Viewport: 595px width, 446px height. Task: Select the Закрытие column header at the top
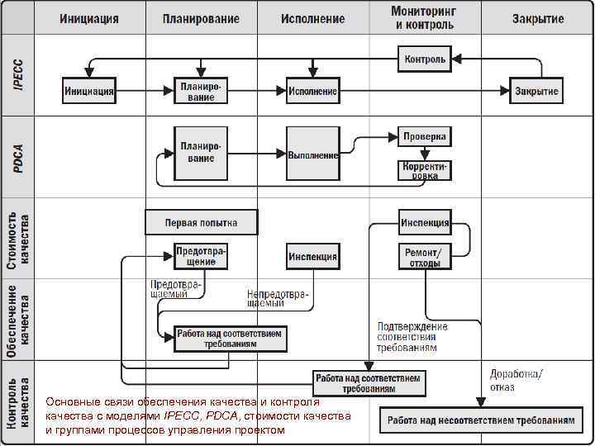tap(538, 18)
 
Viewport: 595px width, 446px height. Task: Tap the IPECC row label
tap(18, 74)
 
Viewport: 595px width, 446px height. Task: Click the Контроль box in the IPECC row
tap(425, 59)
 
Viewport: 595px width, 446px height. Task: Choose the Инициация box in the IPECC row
tap(89, 91)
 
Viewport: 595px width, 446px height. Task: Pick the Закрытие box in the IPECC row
tap(536, 91)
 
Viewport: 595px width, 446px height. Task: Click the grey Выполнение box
tap(313, 154)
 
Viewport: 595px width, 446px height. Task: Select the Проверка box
tap(425, 136)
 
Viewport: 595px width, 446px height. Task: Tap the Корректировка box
tap(425, 170)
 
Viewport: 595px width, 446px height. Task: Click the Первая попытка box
tap(201, 222)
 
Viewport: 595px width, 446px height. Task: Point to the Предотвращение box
tap(201, 256)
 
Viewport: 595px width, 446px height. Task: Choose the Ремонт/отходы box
tap(425, 257)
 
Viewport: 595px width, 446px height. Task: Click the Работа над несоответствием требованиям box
tap(480, 420)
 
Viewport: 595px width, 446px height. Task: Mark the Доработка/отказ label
tap(516, 380)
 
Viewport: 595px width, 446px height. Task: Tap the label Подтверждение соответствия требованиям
tap(412, 337)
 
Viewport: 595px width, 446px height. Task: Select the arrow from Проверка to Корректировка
tap(425, 153)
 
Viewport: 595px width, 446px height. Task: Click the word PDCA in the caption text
tap(220, 415)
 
